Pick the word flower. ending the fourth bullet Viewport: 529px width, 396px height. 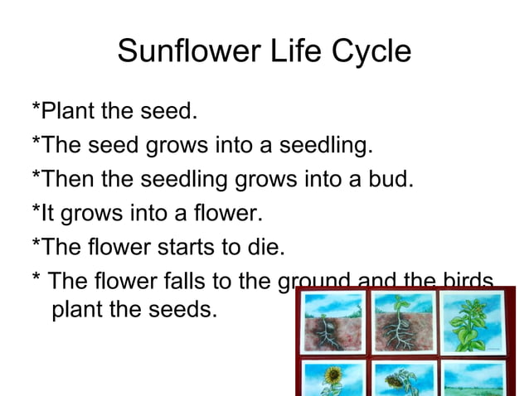tap(227, 214)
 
